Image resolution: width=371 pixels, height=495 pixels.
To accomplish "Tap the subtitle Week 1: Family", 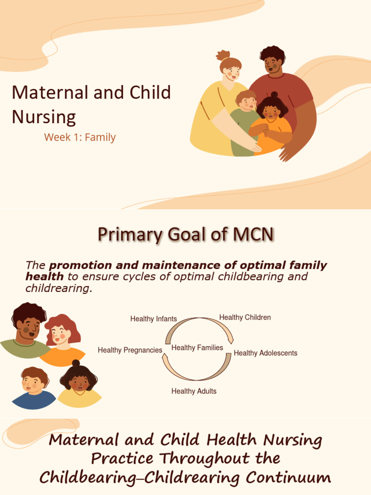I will click(80, 137).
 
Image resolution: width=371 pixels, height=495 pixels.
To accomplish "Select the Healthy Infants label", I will click(154, 319).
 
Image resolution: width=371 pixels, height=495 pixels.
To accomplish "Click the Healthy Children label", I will click(245, 318).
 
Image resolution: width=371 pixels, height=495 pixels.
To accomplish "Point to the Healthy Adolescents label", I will click(265, 353).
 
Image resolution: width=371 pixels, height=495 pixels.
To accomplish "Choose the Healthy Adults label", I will click(194, 391).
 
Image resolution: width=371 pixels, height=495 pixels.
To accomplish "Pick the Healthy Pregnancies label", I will click(130, 350).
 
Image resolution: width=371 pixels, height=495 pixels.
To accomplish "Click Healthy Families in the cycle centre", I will click(197, 348).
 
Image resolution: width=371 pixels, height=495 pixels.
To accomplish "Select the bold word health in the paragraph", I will click(44, 277).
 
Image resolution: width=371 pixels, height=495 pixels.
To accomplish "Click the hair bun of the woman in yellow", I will click(223, 55).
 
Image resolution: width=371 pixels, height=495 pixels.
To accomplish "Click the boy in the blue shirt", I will click(34, 389).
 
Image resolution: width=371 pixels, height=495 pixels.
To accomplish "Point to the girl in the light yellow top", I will click(79, 387).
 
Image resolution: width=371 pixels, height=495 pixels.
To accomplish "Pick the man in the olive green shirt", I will click(27, 331).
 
